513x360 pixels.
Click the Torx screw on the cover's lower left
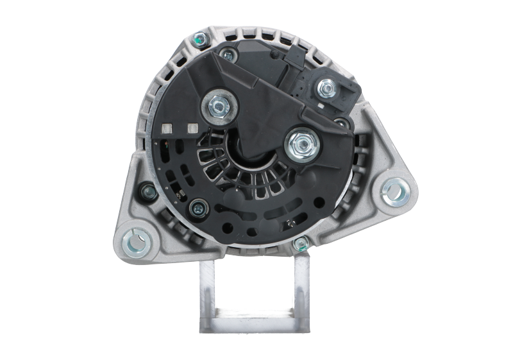tap(199, 206)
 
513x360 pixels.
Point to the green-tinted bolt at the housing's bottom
tap(300, 243)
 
